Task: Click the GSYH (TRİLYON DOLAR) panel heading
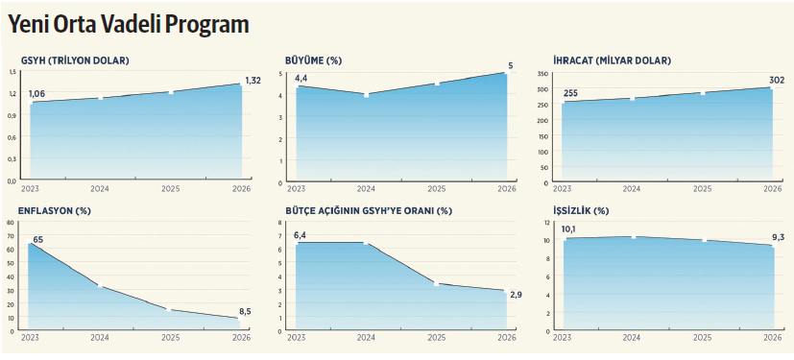pyautogui.click(x=73, y=61)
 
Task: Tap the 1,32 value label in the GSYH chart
pyautogui.click(x=253, y=80)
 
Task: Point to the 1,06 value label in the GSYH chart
pyautogui.click(x=37, y=93)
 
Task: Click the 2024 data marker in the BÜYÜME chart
pyautogui.click(x=366, y=95)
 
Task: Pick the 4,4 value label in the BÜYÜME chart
pyautogui.click(x=301, y=78)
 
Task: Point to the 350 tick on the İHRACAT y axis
pyautogui.click(x=542, y=74)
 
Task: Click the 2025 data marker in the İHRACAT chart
pyautogui.click(x=702, y=93)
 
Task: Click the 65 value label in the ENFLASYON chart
pyautogui.click(x=38, y=238)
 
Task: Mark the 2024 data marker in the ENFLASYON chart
pyautogui.click(x=100, y=286)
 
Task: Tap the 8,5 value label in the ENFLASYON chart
pyautogui.click(x=245, y=310)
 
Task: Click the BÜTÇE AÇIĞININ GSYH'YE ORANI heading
pyautogui.click(x=368, y=210)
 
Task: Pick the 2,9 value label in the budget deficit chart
pyautogui.click(x=517, y=294)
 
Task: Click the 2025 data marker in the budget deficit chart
pyautogui.click(x=436, y=283)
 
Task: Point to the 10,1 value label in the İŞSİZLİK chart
pyautogui.click(x=568, y=229)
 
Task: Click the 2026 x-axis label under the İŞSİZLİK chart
pyautogui.click(x=772, y=338)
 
